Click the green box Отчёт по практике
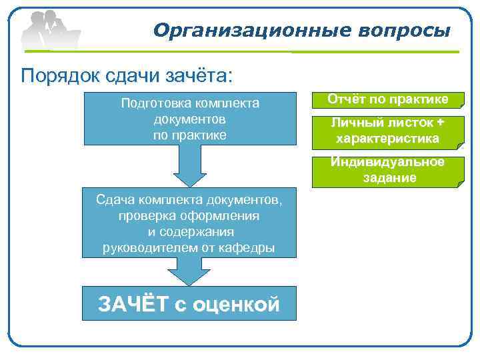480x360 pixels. (389, 99)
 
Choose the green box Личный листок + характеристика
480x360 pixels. (389, 131)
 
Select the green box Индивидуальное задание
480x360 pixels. (389, 170)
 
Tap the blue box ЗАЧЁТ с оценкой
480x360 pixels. (189, 305)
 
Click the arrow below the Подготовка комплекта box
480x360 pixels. (189, 167)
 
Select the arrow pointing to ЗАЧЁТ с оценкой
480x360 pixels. (189, 271)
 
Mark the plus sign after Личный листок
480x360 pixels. (440, 123)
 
